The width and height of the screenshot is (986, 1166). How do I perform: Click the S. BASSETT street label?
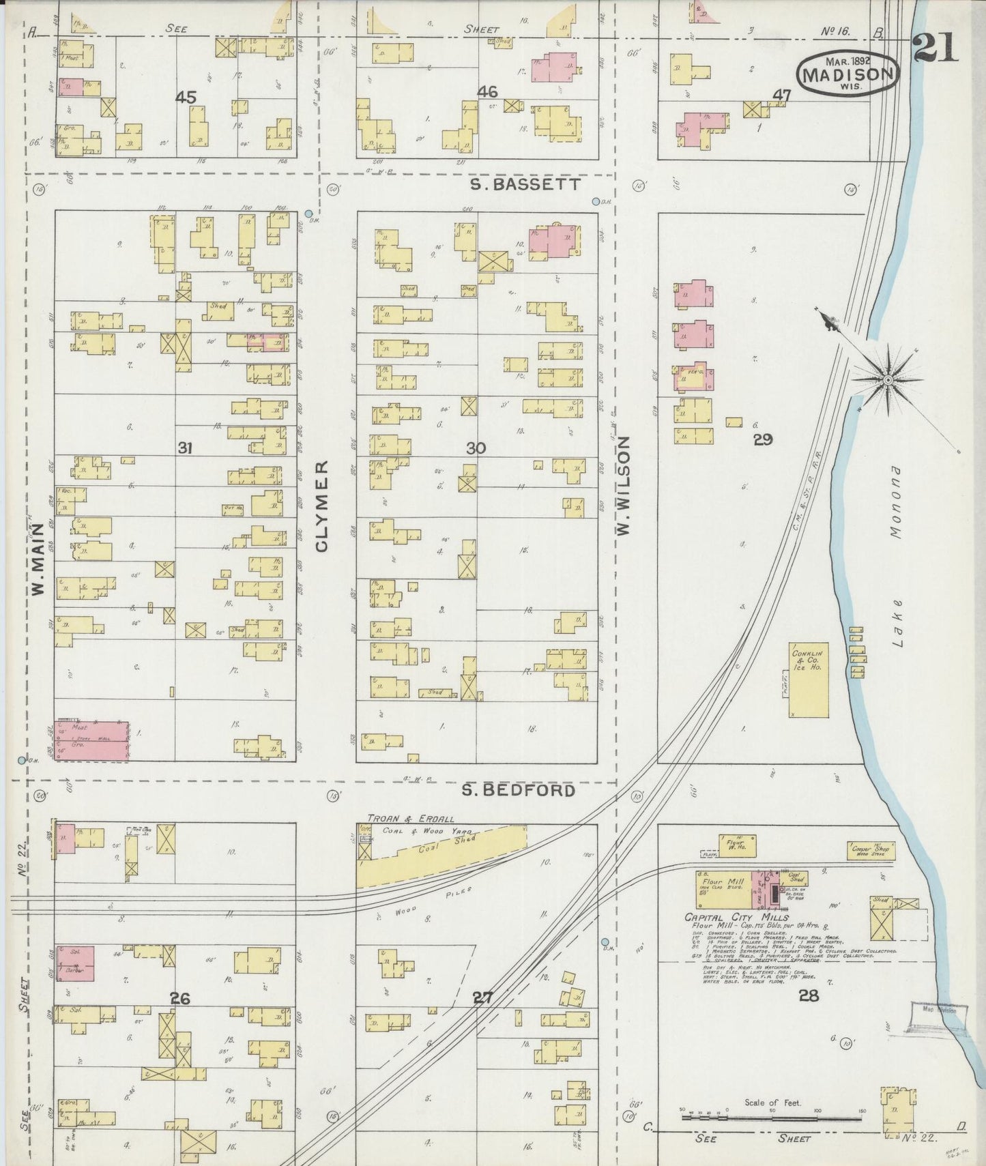pyautogui.click(x=525, y=184)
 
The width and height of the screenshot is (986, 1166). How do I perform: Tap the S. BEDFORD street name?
pyautogui.click(x=518, y=790)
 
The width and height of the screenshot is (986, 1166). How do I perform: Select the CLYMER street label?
pyautogui.click(x=322, y=506)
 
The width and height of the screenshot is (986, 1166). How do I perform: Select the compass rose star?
pyautogui.click(x=888, y=379)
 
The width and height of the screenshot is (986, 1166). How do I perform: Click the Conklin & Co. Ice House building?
pyautogui.click(x=809, y=679)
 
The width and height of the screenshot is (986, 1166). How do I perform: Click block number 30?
pyautogui.click(x=476, y=448)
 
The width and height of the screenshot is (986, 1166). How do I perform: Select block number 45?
pyautogui.click(x=186, y=98)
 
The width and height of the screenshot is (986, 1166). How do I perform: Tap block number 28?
pyautogui.click(x=809, y=995)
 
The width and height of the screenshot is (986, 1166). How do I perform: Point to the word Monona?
pyautogui.click(x=895, y=503)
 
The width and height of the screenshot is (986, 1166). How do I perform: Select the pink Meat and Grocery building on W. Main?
pyautogui.click(x=91, y=740)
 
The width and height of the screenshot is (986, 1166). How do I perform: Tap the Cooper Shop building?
pyautogui.click(x=871, y=850)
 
